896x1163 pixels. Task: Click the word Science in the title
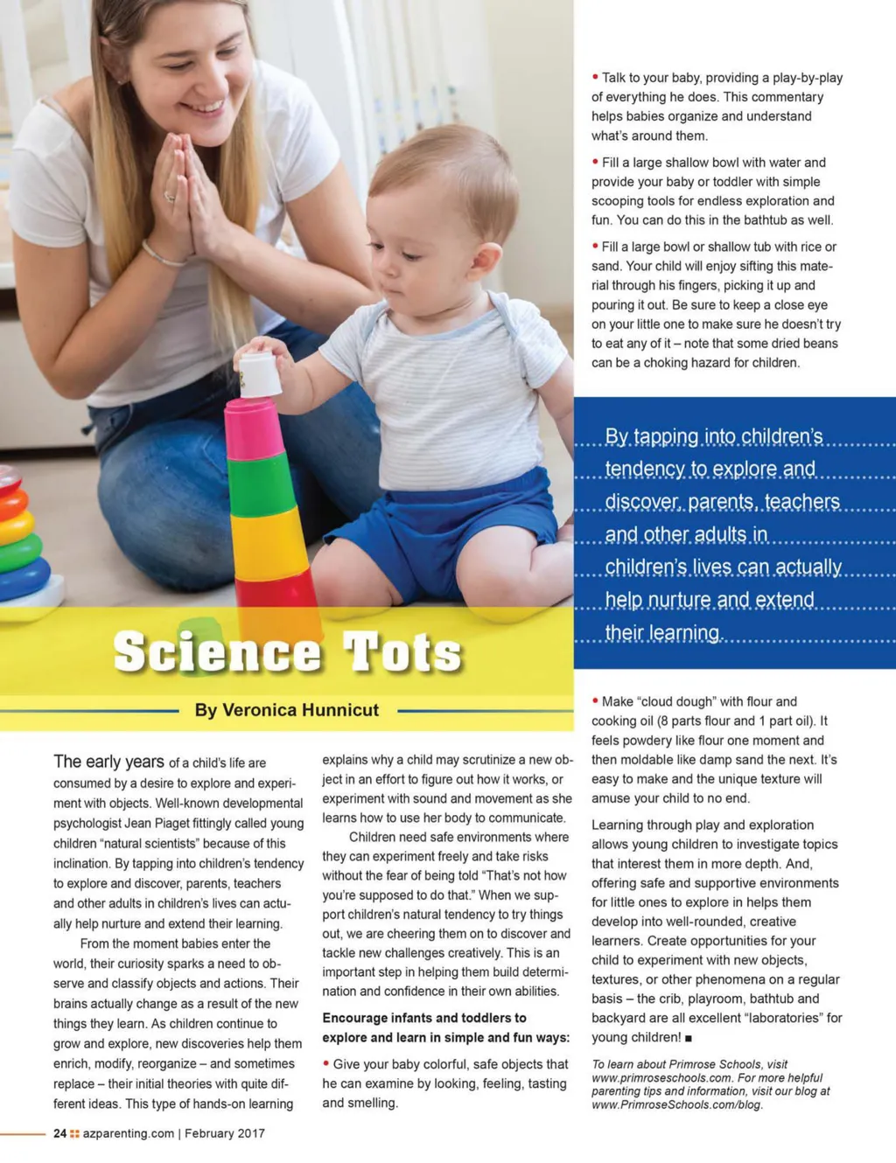coord(217,651)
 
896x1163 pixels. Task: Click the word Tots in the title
coord(402,651)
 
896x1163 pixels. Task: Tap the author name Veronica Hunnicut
coord(287,710)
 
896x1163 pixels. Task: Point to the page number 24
coord(59,1133)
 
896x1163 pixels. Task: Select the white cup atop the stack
coord(259,374)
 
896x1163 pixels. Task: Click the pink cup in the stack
coord(255,428)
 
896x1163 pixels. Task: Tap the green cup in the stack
coord(260,484)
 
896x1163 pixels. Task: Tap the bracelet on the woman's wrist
coord(163,257)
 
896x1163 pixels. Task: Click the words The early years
coord(108,762)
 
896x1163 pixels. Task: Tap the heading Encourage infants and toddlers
coord(424,1018)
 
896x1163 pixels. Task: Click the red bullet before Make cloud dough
coord(595,700)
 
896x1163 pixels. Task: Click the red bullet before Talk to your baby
coord(595,77)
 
